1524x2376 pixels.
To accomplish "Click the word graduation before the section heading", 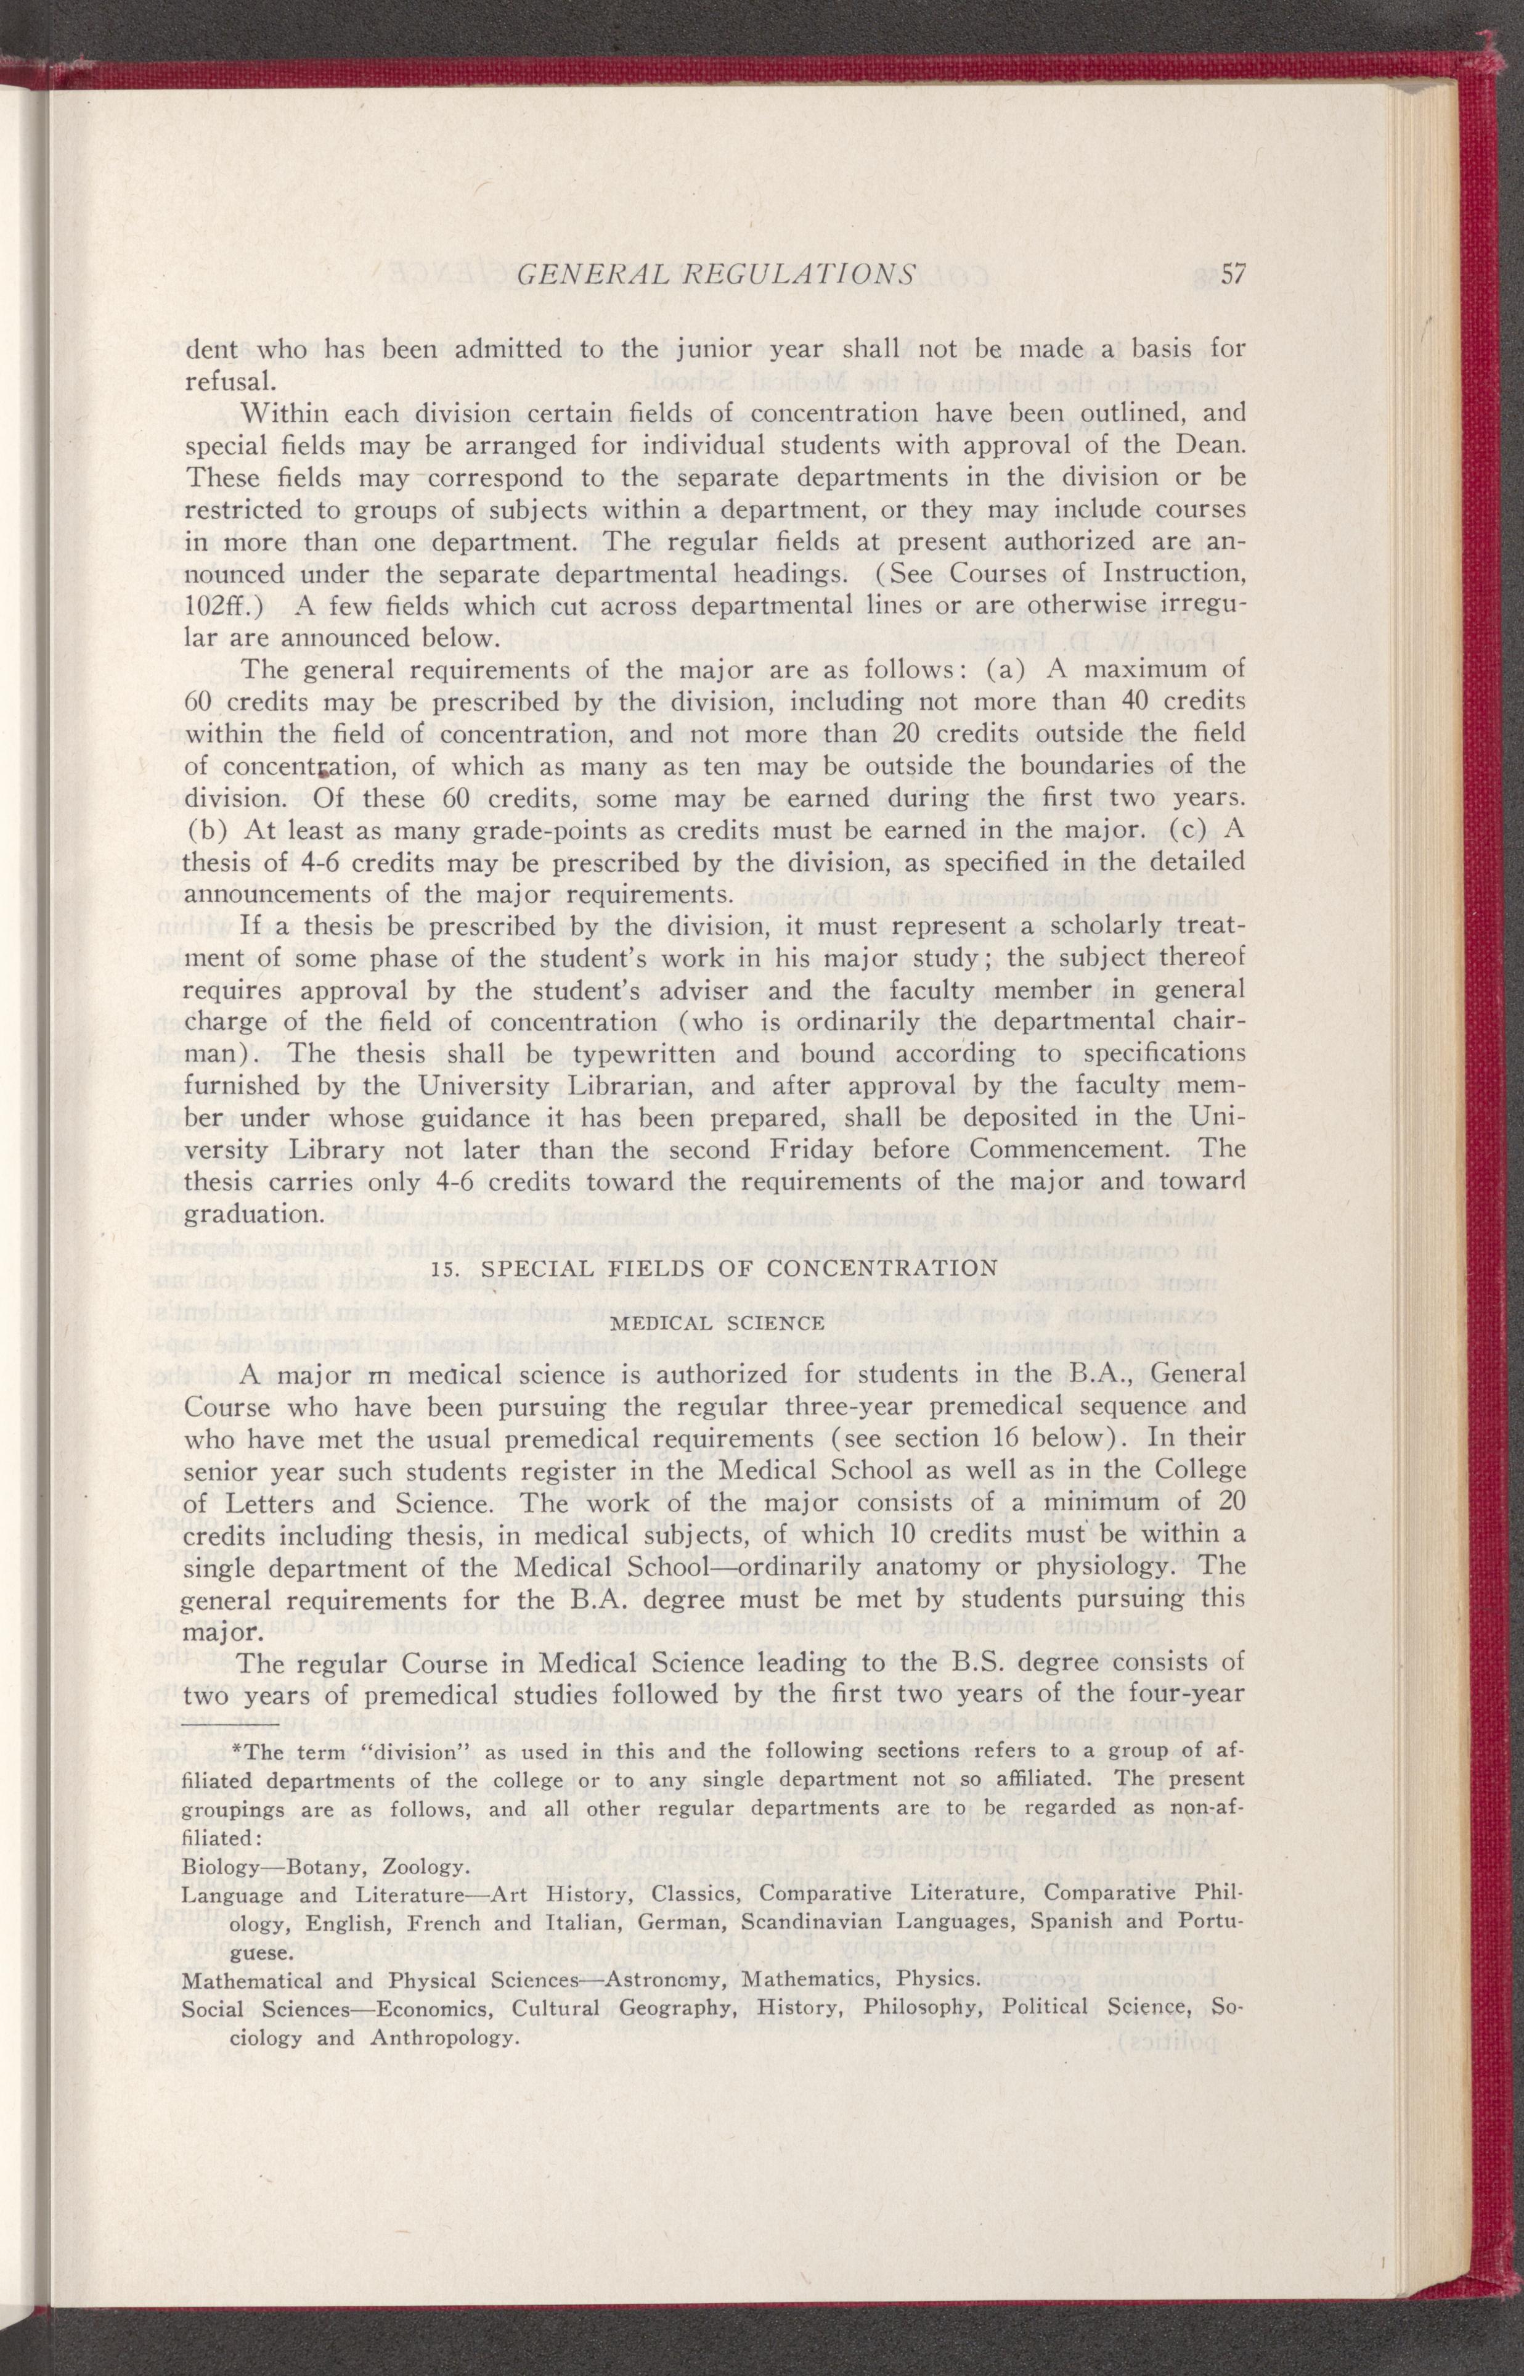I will (252, 1214).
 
